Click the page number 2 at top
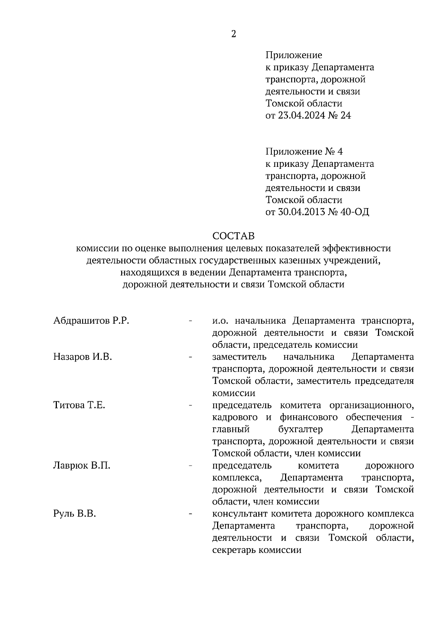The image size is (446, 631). [x=233, y=34]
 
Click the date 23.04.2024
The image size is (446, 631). [x=298, y=116]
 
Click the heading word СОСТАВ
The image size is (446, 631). [x=233, y=236]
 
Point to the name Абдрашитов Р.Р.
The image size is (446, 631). [x=91, y=321]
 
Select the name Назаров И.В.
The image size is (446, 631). [x=83, y=357]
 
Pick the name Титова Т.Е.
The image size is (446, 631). [x=79, y=405]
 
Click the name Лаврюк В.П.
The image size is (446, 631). [x=82, y=466]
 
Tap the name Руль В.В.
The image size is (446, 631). [x=75, y=514]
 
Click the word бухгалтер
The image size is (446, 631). [x=300, y=430]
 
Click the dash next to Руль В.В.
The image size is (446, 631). [x=191, y=514]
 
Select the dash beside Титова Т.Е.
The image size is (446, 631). [x=191, y=405]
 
